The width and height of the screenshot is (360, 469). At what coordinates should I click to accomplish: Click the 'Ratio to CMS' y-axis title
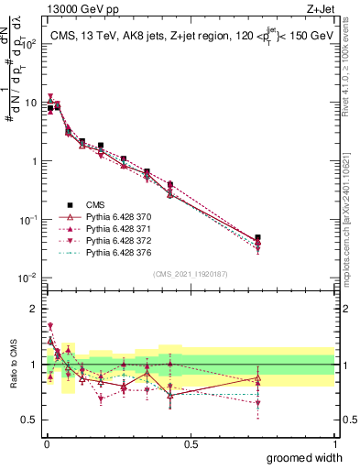click(x=12, y=364)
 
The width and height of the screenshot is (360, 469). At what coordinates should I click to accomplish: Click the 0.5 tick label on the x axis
click(x=191, y=443)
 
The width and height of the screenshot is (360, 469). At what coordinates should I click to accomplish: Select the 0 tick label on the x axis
click(x=46, y=443)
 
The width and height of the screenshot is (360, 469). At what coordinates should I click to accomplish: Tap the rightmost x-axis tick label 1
click(x=334, y=443)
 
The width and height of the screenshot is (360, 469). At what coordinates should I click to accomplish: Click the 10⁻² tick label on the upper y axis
click(x=28, y=278)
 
